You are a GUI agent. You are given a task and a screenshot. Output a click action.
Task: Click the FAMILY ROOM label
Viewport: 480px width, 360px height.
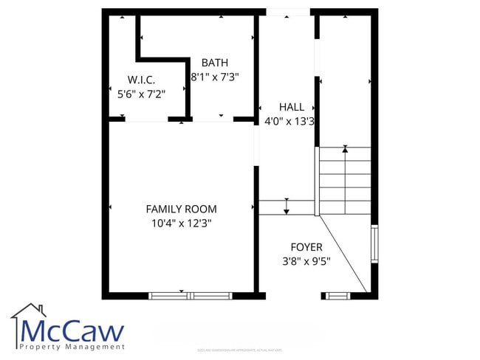point(181,209)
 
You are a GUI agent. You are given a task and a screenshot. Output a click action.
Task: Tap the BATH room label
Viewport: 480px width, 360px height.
point(214,63)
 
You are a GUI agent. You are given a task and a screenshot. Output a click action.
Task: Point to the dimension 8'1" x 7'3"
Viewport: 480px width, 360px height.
point(214,76)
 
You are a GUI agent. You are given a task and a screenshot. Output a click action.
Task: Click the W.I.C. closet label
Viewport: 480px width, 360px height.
point(140,80)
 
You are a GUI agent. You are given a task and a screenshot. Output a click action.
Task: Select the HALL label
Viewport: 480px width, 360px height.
point(291,107)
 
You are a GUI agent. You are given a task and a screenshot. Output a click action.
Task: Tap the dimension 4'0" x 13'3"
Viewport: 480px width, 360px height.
point(289,121)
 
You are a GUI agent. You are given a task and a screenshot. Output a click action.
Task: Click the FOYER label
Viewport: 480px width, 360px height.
point(306,246)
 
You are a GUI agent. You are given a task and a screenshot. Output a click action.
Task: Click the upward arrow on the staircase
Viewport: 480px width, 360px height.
point(345,150)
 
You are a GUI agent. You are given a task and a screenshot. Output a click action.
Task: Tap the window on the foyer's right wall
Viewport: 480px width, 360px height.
point(374,243)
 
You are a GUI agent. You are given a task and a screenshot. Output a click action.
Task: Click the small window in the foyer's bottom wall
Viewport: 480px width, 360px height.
point(337,296)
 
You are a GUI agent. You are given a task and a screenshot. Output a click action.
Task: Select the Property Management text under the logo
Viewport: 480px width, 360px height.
point(72,347)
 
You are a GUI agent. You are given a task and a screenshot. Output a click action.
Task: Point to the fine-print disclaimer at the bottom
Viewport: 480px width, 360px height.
point(239,350)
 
